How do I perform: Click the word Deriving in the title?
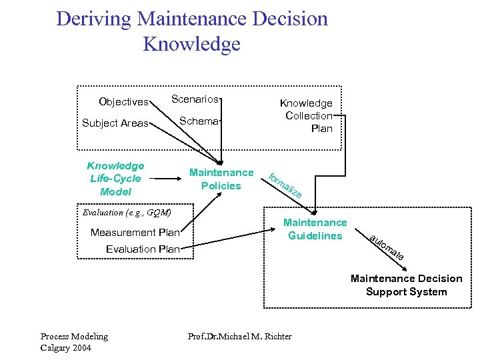point(93,19)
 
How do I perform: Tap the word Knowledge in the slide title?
point(191,45)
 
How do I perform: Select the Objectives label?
point(123,102)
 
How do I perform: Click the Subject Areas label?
point(115,123)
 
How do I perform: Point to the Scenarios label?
point(195,99)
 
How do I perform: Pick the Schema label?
point(199,121)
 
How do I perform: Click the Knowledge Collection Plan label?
point(308,115)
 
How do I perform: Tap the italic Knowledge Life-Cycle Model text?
point(115,178)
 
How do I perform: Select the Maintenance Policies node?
point(221,179)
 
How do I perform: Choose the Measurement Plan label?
point(135,233)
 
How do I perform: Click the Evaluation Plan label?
point(143,249)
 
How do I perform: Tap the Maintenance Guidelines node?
point(315,229)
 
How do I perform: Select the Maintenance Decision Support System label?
point(406,285)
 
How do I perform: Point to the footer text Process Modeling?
point(74,337)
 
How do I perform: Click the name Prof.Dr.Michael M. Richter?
point(239,337)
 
